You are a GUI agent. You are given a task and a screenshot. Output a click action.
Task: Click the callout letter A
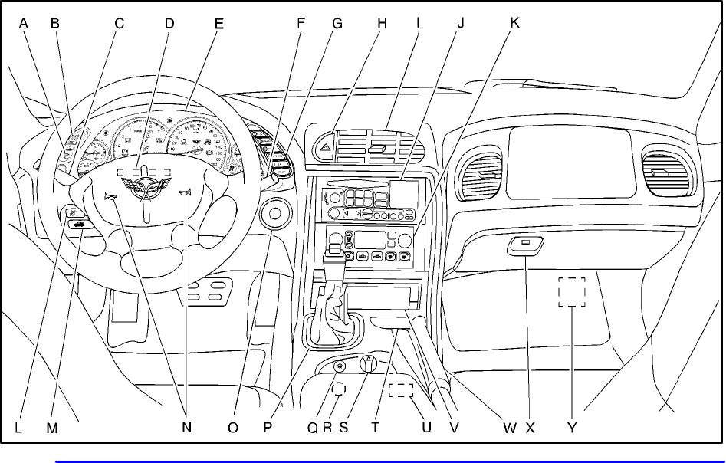[x=24, y=23]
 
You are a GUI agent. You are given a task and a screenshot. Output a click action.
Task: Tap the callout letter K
[x=514, y=23]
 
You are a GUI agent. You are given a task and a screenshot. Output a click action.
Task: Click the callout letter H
[x=381, y=23]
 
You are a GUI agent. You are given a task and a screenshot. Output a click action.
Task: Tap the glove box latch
[x=525, y=246]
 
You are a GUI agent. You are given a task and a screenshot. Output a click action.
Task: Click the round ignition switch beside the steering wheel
[x=274, y=215]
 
